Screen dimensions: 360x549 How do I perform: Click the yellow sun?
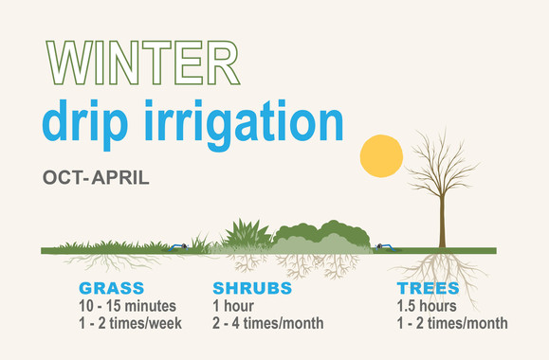382,156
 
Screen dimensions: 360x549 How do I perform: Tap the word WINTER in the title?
141,63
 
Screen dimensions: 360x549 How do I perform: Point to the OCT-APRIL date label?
96,177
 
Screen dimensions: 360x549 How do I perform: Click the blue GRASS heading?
112,288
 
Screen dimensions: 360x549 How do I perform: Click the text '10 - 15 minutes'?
127,306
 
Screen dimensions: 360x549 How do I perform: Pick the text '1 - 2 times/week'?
131,324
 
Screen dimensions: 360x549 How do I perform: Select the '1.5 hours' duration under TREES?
428,306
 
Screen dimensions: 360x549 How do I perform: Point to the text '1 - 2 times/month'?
452,324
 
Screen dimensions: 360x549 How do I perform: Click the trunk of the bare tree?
442,223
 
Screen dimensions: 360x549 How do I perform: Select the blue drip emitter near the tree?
381,246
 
